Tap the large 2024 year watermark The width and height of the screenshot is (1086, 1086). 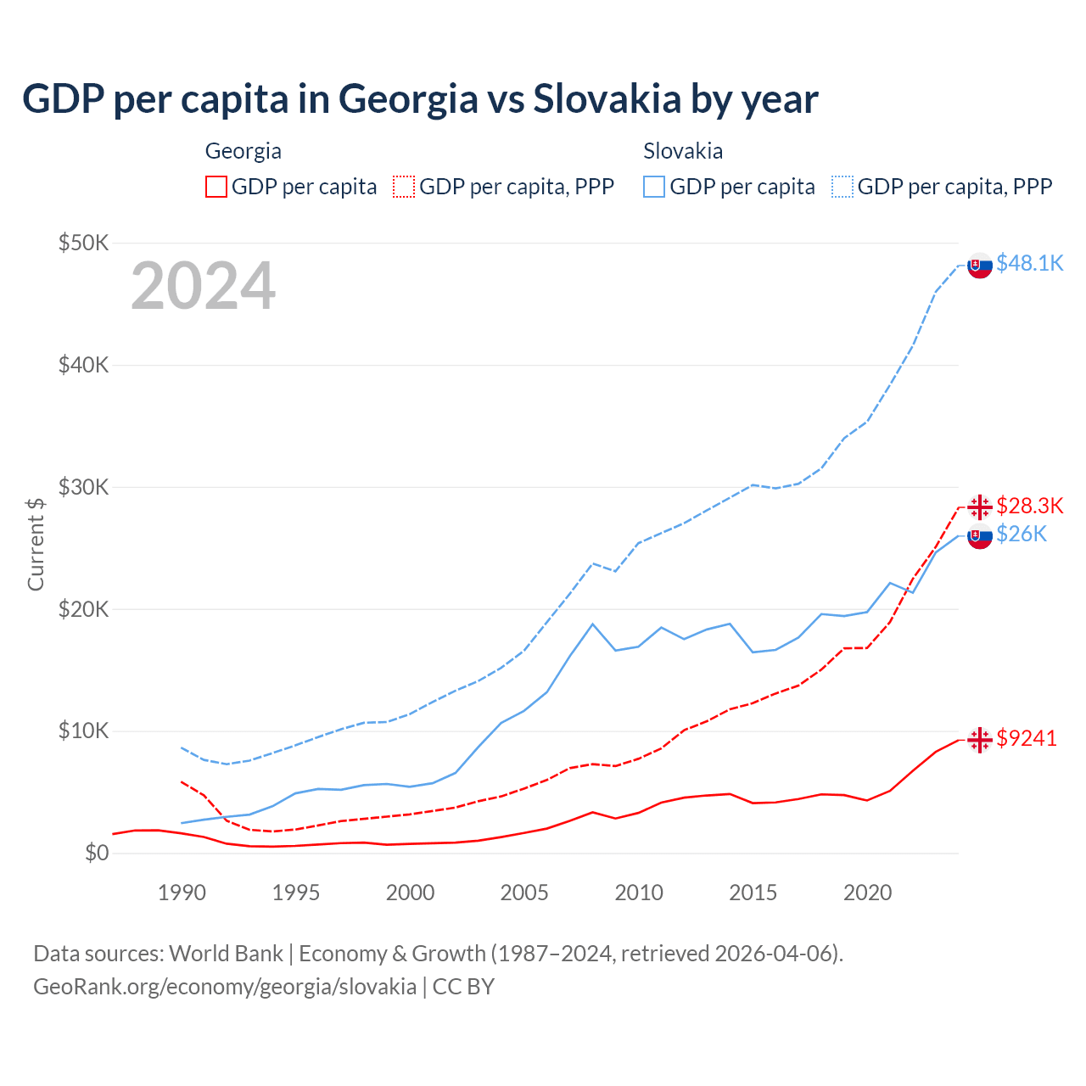[203, 286]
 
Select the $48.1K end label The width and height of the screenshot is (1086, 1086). [1029, 263]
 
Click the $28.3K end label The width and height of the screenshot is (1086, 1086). [1029, 506]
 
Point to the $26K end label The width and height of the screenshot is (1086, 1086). [1021, 534]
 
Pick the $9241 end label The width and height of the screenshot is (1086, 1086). [1027, 738]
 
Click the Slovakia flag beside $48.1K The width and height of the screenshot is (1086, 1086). [980, 266]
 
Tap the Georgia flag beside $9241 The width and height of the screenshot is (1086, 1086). [980, 740]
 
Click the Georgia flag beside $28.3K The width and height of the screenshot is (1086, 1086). [980, 507]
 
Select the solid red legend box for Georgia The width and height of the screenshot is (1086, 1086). [216, 187]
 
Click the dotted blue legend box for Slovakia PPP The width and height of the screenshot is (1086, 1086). [842, 187]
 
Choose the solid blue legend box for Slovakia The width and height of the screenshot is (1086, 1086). [654, 187]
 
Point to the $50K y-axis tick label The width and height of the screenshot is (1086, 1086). [83, 244]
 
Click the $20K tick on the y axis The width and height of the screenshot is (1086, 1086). [83, 609]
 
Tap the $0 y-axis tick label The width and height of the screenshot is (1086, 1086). [97, 853]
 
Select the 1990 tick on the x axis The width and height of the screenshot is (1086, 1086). [182, 893]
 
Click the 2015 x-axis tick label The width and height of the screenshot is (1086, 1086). [753, 893]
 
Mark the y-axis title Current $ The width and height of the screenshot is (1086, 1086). [36, 544]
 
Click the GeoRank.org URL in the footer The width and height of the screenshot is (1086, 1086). [225, 987]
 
